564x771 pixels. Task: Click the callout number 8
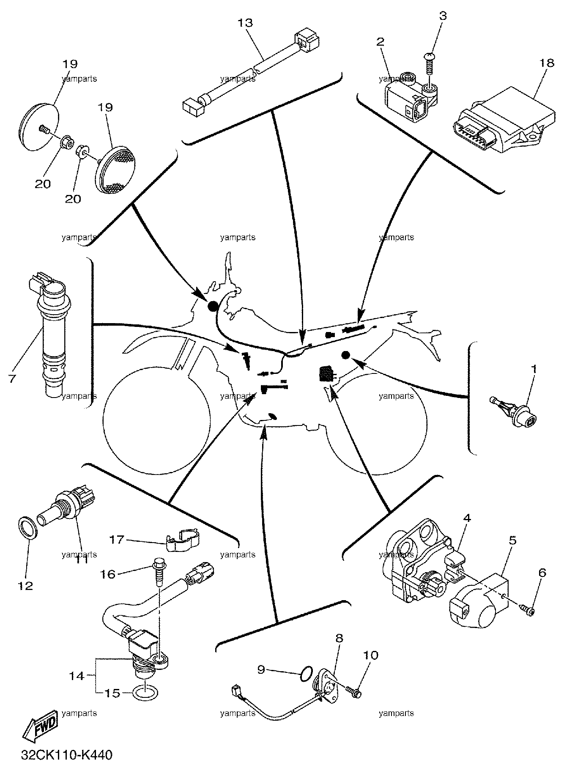click(340, 638)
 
